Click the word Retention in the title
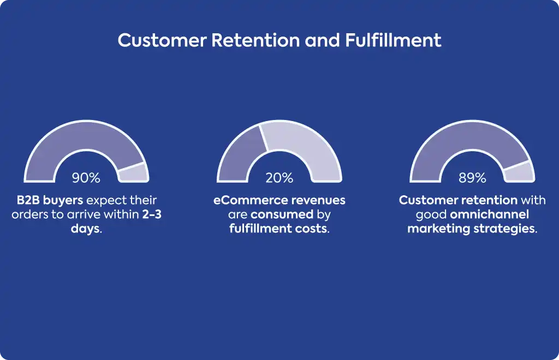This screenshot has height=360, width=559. coord(255,40)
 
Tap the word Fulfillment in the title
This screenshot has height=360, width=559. coord(393,40)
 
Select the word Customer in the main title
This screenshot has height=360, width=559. coord(162,40)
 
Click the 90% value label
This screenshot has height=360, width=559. coord(86,178)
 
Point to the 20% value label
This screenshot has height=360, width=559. coord(279,178)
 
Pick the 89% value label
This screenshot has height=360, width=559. coord(472,178)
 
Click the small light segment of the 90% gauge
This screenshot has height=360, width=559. coord(134,173)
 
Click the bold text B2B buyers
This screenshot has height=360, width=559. coord(50,200)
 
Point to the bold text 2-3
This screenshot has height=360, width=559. coord(152,214)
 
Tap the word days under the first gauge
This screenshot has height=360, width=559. coord(85,229)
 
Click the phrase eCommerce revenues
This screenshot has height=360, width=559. coord(279,200)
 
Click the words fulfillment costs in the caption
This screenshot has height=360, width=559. coord(278,228)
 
